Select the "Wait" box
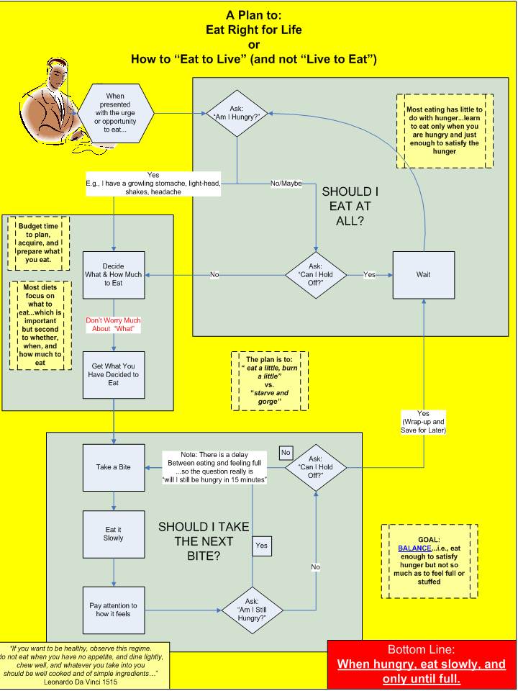point(423,274)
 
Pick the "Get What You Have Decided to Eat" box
point(113,374)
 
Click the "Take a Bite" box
point(113,467)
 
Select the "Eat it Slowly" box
point(113,533)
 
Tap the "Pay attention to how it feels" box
point(113,610)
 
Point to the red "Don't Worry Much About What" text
point(113,324)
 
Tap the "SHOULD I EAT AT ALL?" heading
point(350,206)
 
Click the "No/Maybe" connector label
point(286,183)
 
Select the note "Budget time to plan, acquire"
point(40,243)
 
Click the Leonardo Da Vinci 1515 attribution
point(86,680)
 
